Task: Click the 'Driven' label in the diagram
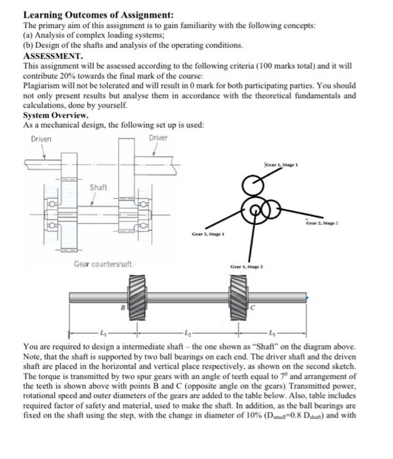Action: [41, 139]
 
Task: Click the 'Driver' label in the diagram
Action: [158, 138]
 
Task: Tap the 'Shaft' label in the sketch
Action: [98, 188]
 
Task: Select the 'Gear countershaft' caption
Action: [103, 264]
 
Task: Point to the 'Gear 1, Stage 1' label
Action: [281, 165]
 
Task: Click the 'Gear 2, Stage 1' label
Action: [208, 234]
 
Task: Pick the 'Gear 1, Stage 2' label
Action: [247, 267]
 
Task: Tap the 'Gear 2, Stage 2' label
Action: [322, 224]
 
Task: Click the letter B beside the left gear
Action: [123, 308]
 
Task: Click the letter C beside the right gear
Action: [253, 308]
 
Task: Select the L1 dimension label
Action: [102, 332]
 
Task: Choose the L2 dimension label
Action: [188, 332]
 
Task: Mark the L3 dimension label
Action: [272, 332]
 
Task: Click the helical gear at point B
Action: [136, 298]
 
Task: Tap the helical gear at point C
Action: [238, 298]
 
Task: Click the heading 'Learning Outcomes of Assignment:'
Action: [98, 14]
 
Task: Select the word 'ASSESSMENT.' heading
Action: [53, 56]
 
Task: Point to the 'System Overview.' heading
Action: [56, 115]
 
